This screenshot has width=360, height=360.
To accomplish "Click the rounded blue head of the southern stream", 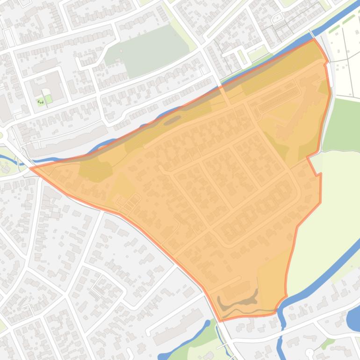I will click(x=207, y=323).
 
